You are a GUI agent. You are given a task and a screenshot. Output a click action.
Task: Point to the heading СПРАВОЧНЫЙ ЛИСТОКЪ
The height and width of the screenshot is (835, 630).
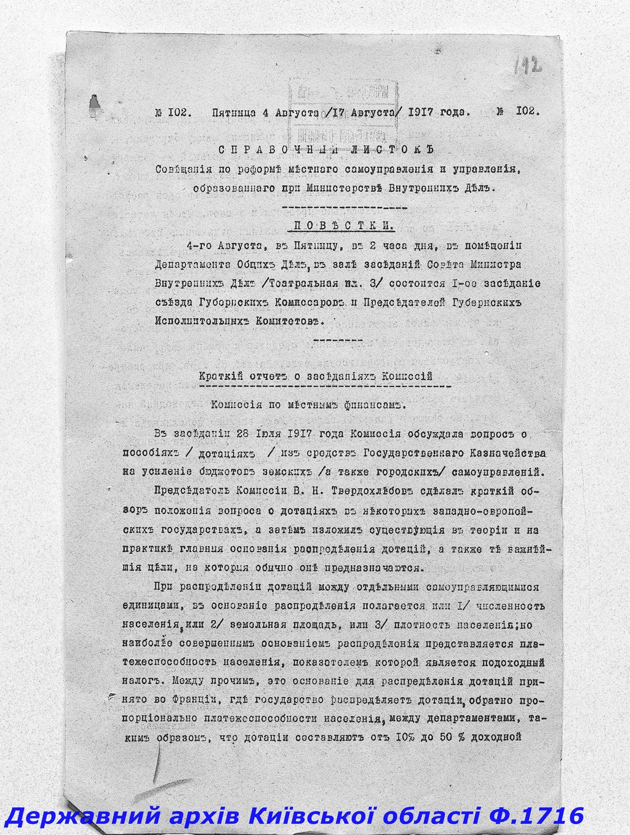pyautogui.click(x=327, y=149)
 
